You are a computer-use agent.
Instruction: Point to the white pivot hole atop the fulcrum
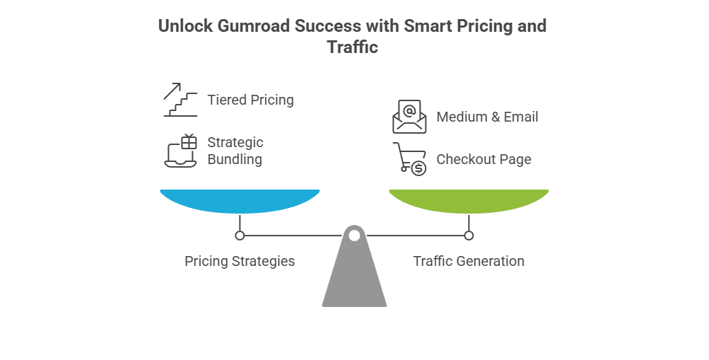click(354, 235)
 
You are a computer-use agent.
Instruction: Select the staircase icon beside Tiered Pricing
click(180, 100)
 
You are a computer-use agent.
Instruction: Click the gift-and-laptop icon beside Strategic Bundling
click(181, 151)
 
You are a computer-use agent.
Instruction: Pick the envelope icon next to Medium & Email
click(410, 117)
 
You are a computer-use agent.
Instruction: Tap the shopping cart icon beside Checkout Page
click(409, 159)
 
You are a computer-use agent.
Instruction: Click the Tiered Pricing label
click(250, 100)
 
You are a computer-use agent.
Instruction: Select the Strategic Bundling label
click(235, 151)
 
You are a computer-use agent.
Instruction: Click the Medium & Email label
click(487, 117)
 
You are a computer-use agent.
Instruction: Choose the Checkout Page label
click(484, 159)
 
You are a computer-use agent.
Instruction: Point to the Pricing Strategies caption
click(240, 261)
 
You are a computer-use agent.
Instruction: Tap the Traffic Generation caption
click(469, 261)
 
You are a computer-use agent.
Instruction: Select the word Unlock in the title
click(182, 26)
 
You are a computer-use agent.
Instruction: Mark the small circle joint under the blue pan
click(240, 235)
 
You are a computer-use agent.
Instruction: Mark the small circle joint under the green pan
click(469, 235)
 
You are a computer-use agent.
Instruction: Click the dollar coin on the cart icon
click(418, 168)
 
